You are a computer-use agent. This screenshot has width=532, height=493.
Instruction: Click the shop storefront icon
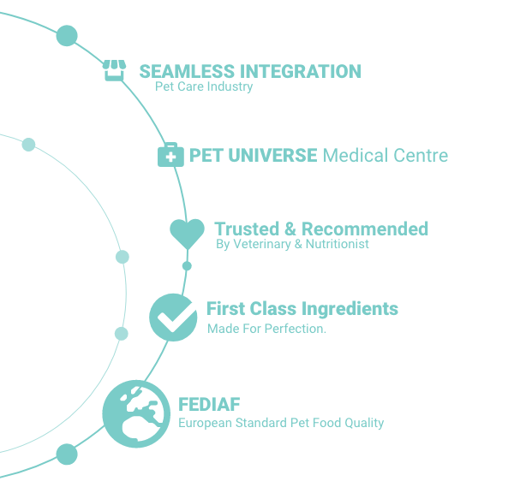[114, 70]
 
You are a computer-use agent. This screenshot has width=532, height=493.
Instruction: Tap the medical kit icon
[170, 155]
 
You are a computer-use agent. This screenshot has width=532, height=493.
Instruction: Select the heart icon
[188, 234]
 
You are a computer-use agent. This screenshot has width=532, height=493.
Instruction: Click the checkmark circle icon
[173, 318]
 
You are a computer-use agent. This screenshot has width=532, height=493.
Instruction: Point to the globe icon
[136, 414]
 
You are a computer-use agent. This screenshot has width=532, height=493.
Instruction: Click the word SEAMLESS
[187, 72]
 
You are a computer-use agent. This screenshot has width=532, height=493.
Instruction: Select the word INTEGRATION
[301, 72]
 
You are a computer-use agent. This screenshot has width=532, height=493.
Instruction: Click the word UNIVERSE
[272, 155]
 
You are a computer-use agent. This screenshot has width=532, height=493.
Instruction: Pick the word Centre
[421, 155]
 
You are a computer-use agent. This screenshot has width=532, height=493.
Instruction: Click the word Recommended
[365, 229]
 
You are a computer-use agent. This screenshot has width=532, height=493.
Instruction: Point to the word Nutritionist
[338, 244]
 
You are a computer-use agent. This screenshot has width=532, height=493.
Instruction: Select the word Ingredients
[350, 309]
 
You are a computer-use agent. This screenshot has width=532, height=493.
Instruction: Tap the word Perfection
[296, 329]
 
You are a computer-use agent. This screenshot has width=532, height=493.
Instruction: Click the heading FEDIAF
[209, 404]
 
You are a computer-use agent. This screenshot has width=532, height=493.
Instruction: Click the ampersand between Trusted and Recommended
[290, 229]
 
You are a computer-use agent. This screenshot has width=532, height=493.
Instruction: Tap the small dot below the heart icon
[187, 266]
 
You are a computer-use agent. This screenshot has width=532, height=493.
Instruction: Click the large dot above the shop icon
[67, 36]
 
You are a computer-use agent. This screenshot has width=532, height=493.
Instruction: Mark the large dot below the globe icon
[67, 454]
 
